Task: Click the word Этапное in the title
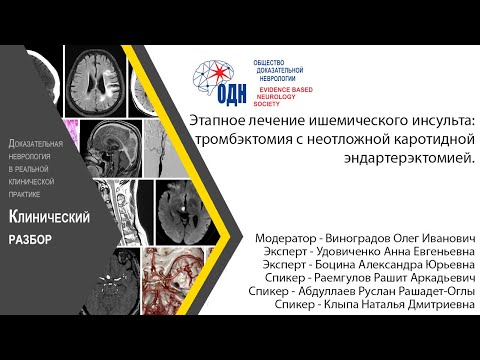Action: (x=222, y=119)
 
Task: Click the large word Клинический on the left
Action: (x=50, y=217)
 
